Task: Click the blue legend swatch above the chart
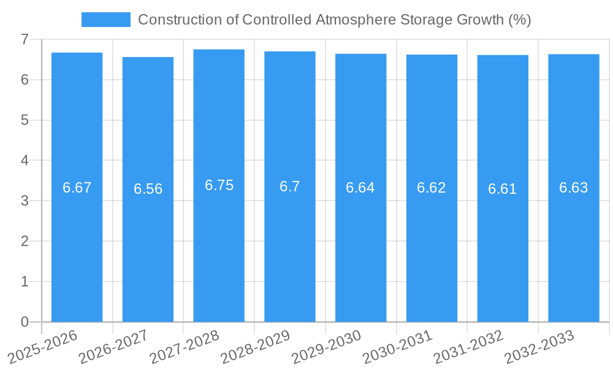click(105, 20)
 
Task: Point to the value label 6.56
click(148, 189)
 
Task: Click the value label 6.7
click(289, 186)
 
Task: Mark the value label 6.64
click(360, 188)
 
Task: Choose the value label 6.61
click(503, 189)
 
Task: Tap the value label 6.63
click(574, 188)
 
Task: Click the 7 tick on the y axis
click(25, 39)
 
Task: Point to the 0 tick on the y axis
click(25, 322)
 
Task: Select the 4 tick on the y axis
click(25, 161)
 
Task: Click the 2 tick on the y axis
click(25, 241)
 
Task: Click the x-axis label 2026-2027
click(113, 347)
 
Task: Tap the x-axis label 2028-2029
click(256, 347)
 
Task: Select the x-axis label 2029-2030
click(327, 347)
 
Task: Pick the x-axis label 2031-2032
click(469, 347)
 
